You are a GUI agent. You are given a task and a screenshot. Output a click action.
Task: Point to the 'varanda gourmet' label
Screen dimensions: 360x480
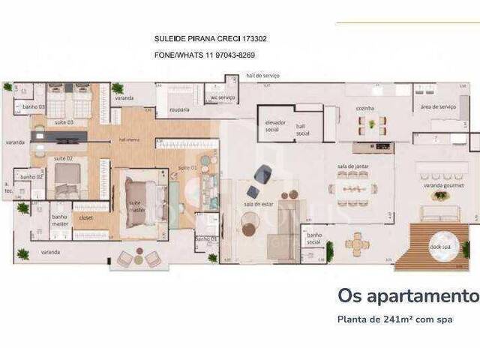(x=439, y=184)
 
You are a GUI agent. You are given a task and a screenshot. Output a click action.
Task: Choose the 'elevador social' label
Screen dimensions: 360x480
(x=271, y=127)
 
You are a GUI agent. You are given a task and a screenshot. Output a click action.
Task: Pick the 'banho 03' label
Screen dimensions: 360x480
(x=31, y=107)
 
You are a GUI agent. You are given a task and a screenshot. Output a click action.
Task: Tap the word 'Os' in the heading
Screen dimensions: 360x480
(x=348, y=295)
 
